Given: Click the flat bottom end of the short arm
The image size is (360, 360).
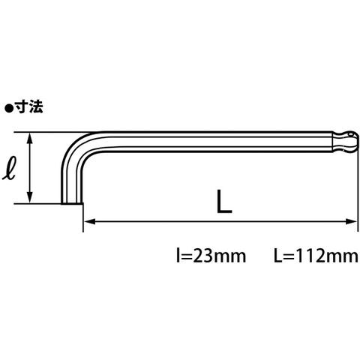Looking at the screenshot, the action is coord(72,203).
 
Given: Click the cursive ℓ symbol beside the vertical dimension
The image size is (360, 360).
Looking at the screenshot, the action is coord(10,167).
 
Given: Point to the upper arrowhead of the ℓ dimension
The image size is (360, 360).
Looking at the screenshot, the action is coord(30,138).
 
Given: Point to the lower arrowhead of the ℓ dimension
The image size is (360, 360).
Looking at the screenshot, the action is coord(30,197).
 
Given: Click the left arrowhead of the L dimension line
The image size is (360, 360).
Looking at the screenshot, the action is coord(89,221).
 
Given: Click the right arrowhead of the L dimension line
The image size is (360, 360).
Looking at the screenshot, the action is coord(350,221).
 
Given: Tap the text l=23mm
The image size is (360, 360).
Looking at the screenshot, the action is coord(211,256).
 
